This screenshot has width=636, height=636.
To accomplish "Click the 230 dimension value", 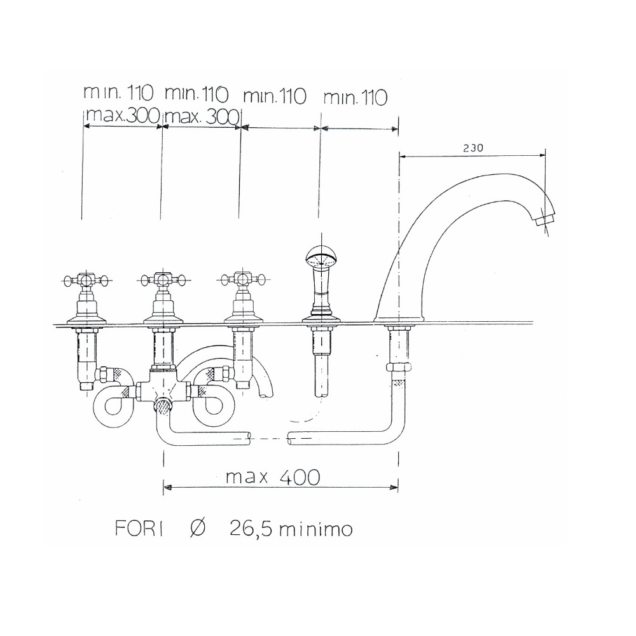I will point(473,147).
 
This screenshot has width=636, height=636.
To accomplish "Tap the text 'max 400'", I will point(273,477).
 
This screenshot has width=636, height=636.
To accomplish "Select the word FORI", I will point(139,529).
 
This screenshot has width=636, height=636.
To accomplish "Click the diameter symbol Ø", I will point(197,529).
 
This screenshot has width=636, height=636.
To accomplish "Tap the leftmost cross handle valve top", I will point(86,279).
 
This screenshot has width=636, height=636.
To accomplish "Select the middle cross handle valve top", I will point(163,279).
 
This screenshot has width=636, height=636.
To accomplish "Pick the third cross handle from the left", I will point(240,279).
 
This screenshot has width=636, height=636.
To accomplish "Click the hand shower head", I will point(321,259).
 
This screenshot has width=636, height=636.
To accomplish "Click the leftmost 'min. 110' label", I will point(118,93).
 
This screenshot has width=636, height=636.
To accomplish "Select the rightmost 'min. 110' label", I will point(355,97).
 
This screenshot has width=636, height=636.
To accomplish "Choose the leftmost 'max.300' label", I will point(122,116).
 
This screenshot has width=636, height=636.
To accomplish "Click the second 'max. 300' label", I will point(202,116).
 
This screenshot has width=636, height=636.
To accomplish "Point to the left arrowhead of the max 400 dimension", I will point(168,488).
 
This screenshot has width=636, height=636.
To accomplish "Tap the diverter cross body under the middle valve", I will point(163,390).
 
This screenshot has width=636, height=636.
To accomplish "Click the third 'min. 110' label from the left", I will point(275,97).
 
